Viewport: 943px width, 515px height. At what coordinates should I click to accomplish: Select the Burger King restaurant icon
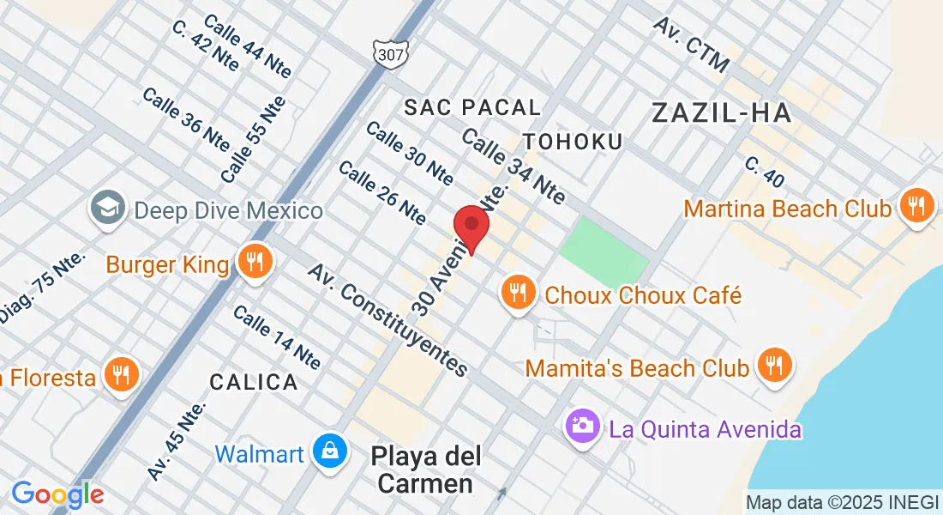255,262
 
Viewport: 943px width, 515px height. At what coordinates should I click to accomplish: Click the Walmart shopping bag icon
329,451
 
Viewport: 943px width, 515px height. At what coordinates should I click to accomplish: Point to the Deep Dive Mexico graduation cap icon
110,209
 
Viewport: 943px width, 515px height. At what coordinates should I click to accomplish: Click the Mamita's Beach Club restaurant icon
775,367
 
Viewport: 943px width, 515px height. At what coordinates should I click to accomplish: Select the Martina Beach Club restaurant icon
916,206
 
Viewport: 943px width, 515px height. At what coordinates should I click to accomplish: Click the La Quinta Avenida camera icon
582,426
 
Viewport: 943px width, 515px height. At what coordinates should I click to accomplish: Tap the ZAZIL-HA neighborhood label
720,112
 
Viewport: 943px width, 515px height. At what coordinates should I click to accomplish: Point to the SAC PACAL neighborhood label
472,107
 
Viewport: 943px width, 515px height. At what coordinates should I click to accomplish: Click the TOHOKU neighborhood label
573,142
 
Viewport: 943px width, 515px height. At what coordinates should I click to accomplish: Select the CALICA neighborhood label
254,381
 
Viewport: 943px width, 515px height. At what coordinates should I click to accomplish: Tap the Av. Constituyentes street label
389,320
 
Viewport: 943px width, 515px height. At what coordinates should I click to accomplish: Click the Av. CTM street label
691,44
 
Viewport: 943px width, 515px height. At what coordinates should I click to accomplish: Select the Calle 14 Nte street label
277,337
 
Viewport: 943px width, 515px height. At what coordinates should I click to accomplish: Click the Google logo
57,494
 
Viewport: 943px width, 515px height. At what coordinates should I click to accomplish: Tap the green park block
605,250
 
